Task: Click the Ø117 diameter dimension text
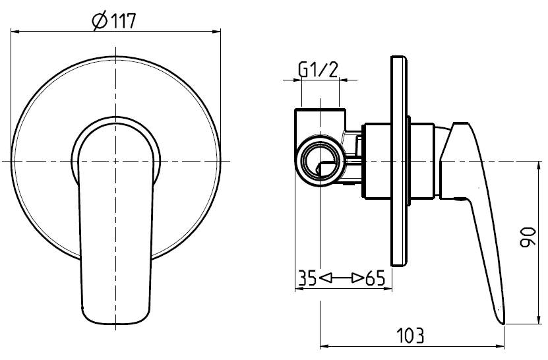115,21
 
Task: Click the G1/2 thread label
319,69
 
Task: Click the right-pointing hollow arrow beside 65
357,278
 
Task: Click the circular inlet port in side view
320,161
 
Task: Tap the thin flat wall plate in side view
398,161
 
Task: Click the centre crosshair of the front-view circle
116,161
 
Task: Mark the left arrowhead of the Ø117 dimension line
15,30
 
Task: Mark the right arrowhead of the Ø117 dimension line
217,30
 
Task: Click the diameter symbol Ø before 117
99,21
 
